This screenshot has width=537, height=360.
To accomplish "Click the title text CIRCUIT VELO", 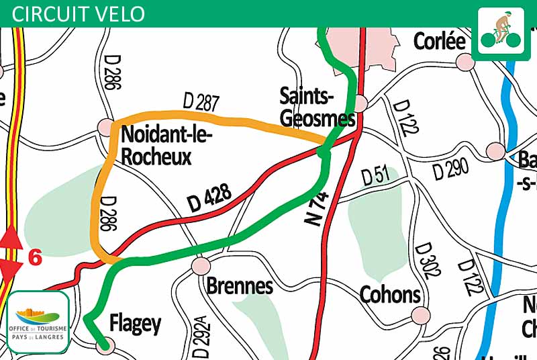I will pyautogui.click(x=79, y=13).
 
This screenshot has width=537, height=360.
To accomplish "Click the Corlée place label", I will pyautogui.click(x=440, y=41).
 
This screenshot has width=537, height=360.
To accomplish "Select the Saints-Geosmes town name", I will pyautogui.click(x=317, y=107).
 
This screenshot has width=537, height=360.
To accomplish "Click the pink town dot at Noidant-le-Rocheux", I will pyautogui.click(x=106, y=126).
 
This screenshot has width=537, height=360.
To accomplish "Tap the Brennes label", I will pyautogui.click(x=240, y=286).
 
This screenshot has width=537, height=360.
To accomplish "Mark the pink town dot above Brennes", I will pyautogui.click(x=201, y=265).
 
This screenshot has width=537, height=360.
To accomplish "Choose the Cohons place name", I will pyautogui.click(x=390, y=294).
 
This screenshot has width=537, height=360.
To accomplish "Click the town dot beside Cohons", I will pyautogui.click(x=420, y=314).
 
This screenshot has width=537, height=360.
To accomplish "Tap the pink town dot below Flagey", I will pyautogui.click(x=104, y=347).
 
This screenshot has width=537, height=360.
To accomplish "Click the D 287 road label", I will pyautogui.click(x=201, y=103).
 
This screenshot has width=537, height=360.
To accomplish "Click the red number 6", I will pyautogui.click(x=35, y=257).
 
